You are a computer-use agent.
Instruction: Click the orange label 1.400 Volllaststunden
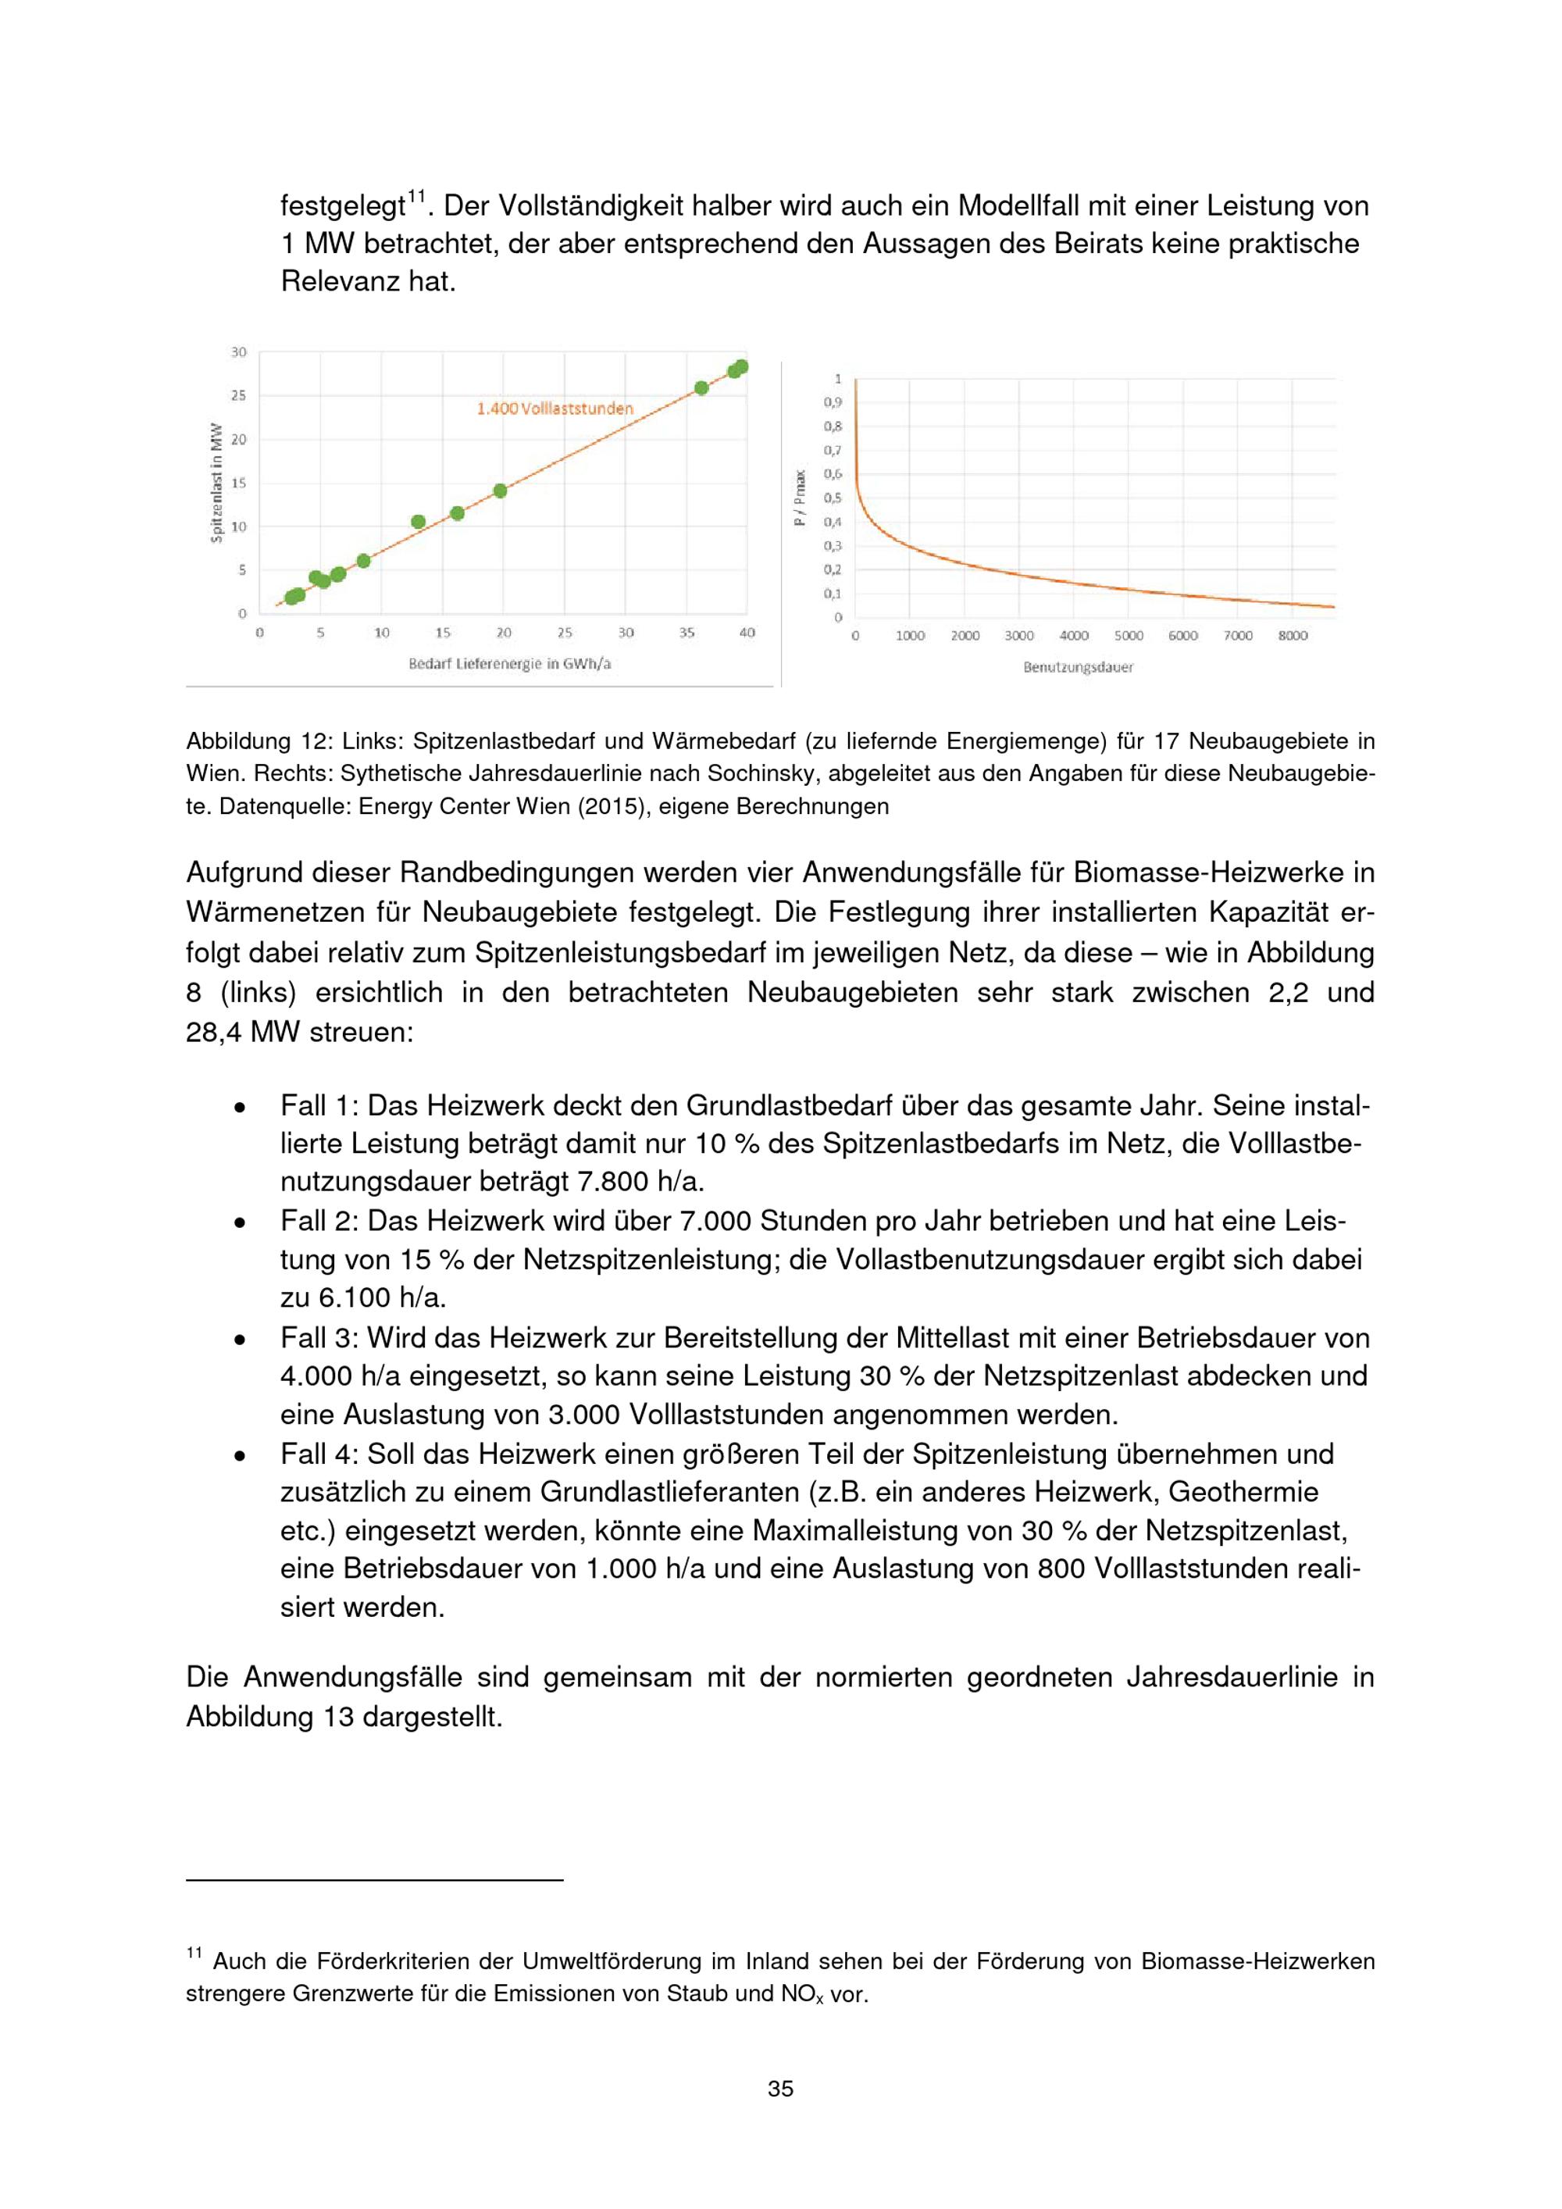pos(555,409)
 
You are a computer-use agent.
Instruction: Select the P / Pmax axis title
pos(798,498)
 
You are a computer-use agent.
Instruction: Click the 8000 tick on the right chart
pos(1292,636)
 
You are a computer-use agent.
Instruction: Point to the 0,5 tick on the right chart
pos(832,498)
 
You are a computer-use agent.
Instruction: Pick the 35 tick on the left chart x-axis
pos(686,633)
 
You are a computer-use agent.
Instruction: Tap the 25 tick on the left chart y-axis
pos(238,395)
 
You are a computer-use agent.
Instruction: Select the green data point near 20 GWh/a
pos(500,491)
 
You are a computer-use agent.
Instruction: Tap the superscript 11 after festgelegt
pos(416,196)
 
